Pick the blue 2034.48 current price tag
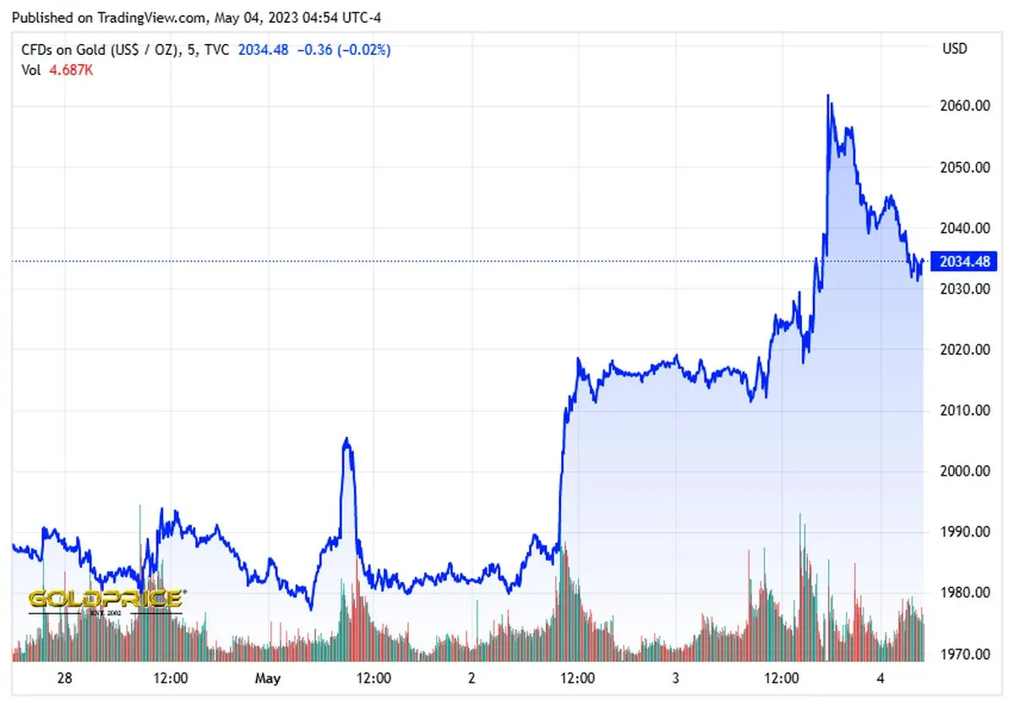963,261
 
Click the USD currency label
955,49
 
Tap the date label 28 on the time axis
63,678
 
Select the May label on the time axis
267,678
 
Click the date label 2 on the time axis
472,678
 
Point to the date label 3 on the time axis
676,678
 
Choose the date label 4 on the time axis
880,678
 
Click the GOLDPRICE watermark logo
106,599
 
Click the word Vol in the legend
30,70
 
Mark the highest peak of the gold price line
828,95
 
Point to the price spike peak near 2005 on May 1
346,439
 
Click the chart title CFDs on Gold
76,50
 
